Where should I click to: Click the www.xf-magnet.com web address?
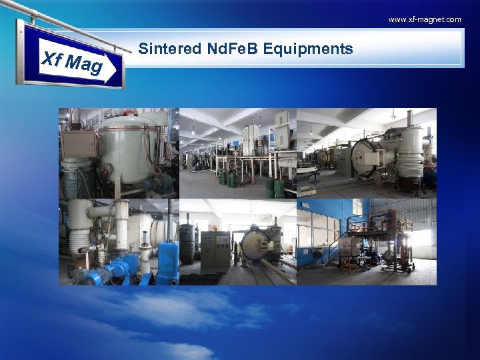(425, 19)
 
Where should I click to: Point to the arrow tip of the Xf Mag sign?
(122, 67)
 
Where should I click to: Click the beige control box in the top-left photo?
(79, 143)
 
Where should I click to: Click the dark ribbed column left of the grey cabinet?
(187, 243)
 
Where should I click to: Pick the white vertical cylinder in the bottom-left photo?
(123, 225)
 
